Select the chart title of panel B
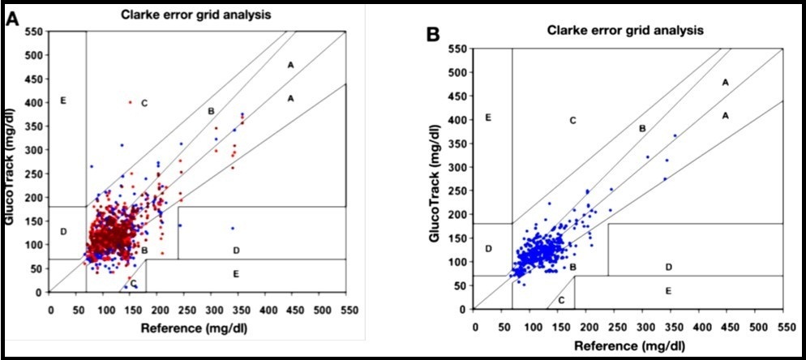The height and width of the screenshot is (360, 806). [x=624, y=30]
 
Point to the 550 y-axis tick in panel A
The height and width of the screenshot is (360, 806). [x=35, y=31]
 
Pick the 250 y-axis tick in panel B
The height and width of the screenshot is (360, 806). [x=460, y=191]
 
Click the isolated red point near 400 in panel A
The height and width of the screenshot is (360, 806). [x=130, y=102]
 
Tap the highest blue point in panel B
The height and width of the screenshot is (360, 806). [x=675, y=135]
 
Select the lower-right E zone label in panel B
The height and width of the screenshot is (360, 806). [x=668, y=290]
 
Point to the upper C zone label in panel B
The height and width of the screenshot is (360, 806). [x=572, y=120]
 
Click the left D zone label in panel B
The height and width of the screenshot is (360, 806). [x=489, y=248]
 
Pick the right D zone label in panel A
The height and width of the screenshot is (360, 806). [x=236, y=250]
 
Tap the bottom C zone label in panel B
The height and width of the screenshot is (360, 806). [x=560, y=301]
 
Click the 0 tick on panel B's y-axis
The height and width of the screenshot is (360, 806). [x=465, y=310]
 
